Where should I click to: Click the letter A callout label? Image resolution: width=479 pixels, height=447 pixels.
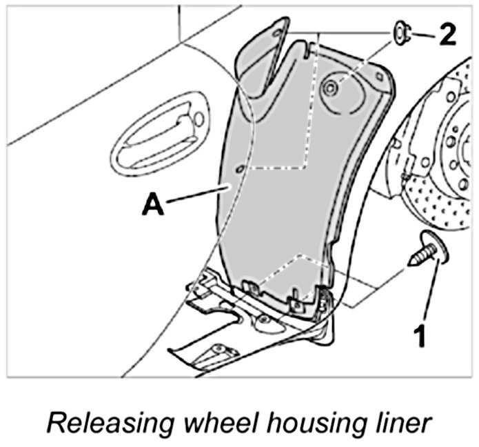154,206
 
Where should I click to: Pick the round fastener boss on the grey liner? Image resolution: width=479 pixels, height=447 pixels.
332,88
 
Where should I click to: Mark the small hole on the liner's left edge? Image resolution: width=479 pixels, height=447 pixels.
239,168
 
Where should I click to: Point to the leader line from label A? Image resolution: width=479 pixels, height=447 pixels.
196,195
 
